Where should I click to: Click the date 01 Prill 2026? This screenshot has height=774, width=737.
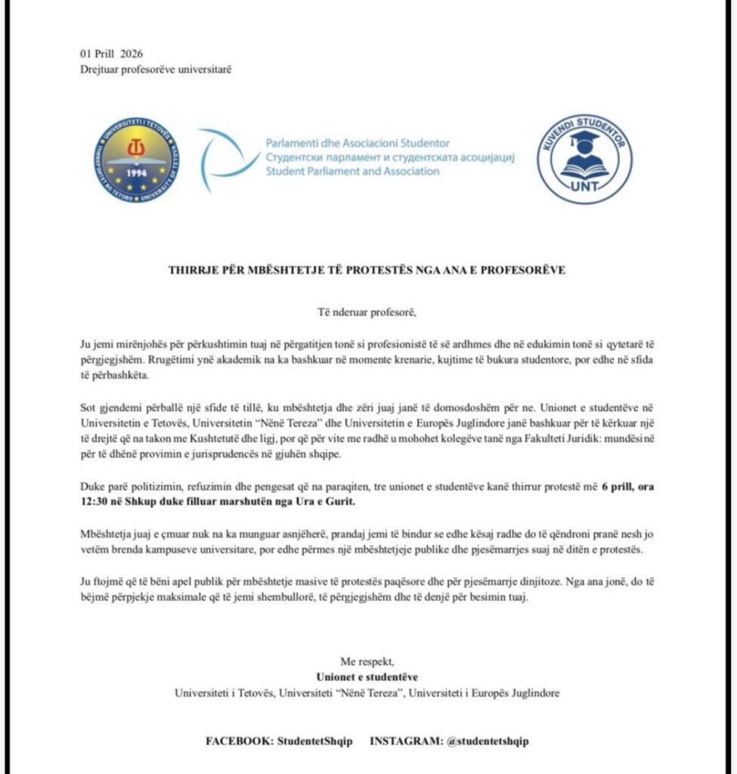pos(111,54)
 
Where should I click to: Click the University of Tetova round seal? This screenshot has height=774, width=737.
pos(137,161)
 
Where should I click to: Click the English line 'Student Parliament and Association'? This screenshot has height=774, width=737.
pos(352,172)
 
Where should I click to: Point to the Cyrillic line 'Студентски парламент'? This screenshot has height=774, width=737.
pos(317,157)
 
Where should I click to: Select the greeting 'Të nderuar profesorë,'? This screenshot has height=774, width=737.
pos(368,311)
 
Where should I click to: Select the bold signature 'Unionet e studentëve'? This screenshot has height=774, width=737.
pos(367,676)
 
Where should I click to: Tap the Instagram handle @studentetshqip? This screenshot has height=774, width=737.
pos(488,741)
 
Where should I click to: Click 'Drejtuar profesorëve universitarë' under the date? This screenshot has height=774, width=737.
pos(156,70)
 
